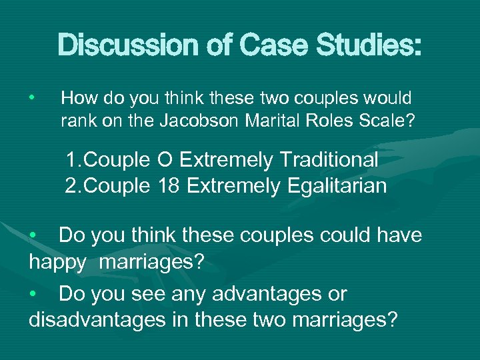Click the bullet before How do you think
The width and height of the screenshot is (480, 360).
pyautogui.click(x=31, y=99)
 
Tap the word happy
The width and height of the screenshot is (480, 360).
pyautogui.click(x=57, y=261)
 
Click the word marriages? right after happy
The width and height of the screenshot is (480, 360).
pyautogui.click(x=151, y=261)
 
